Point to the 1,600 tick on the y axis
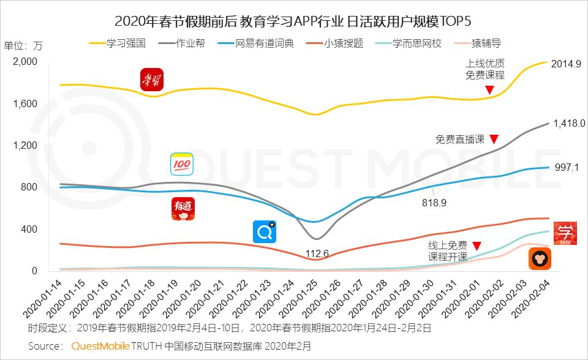[x=25, y=103]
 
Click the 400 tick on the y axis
[x=29, y=229]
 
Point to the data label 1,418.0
[x=569, y=123]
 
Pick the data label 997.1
[x=567, y=167]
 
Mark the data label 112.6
[x=317, y=253]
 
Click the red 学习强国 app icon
[x=151, y=80]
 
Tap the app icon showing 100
[x=181, y=164]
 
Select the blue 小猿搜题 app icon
[x=265, y=232]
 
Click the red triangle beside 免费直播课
[x=494, y=139]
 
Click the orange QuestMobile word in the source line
[x=100, y=346]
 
